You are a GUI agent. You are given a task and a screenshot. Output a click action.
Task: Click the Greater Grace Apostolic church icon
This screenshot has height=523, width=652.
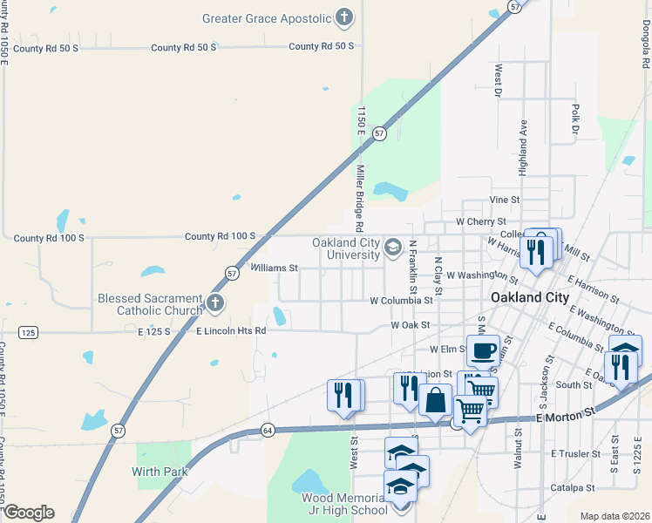[x=345, y=17]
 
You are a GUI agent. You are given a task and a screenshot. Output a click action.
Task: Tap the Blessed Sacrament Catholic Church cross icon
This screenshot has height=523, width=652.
[x=215, y=304]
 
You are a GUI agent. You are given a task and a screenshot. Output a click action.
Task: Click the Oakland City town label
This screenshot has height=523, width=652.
[x=530, y=297]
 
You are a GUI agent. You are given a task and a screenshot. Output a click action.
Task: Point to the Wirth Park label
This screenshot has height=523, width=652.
[x=160, y=472]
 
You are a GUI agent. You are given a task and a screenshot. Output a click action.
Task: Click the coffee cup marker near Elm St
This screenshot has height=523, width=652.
[x=483, y=350]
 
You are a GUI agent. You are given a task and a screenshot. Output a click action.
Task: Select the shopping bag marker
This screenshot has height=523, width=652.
[x=435, y=400]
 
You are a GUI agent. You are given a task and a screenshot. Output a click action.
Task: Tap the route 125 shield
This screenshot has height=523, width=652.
[x=27, y=332]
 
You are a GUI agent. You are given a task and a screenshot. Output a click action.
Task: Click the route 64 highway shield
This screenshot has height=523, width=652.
[x=268, y=430]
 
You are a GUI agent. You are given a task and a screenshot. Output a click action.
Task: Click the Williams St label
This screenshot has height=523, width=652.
[x=275, y=268]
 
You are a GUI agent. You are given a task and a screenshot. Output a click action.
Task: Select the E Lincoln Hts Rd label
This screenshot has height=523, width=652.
[x=231, y=331]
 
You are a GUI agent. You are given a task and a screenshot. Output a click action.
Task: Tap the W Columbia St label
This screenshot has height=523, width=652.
[x=401, y=301]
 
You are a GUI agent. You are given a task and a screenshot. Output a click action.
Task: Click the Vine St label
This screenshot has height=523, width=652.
[x=505, y=200]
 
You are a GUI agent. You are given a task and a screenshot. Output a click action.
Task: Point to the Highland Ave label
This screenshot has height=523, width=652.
[x=523, y=148]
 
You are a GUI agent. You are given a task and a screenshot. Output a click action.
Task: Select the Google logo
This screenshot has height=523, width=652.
[x=28, y=513]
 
